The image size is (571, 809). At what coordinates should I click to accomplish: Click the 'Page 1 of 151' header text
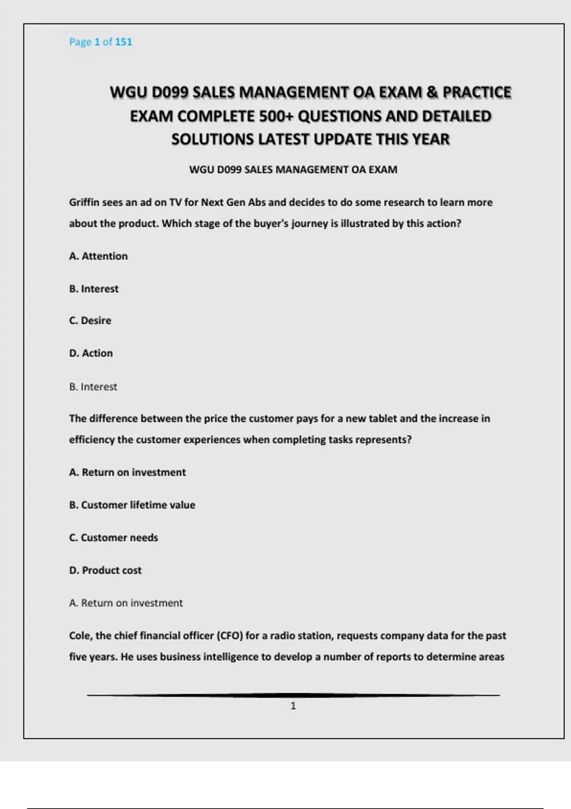pos(100,42)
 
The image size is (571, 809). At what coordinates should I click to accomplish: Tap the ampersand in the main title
pos(432,92)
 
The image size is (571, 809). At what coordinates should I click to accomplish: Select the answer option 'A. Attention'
pos(98,256)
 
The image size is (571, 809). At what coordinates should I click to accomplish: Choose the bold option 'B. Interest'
pos(94,289)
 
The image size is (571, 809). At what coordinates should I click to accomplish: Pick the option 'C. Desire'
pos(90,321)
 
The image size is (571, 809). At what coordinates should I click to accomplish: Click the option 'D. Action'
pos(91,353)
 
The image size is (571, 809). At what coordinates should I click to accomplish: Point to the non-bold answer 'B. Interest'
pos(93,387)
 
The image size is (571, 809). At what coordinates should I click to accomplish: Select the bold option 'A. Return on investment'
pos(128,472)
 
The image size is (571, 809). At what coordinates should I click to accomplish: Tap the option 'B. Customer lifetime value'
pos(132,505)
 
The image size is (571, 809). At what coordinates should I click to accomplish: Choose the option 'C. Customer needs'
pos(113,538)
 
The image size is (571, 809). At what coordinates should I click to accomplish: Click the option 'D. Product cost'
pos(105,570)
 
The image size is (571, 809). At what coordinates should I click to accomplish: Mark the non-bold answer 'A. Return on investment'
pos(126,603)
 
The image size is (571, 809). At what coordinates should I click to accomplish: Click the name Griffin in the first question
pos(84,202)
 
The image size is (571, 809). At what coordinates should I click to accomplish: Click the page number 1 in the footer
pos(293,706)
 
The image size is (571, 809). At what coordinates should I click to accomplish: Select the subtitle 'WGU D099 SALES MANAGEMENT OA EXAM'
pos(293,170)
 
